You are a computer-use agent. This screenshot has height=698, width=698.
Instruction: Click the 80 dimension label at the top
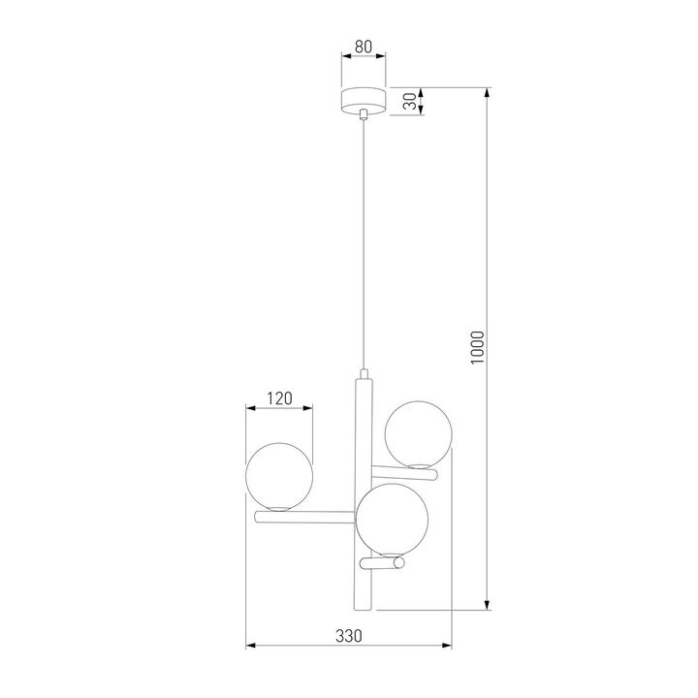coord(363,47)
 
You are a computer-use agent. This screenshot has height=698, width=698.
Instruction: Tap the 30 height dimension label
coord(410,102)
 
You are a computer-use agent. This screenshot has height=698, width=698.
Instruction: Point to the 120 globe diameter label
coord(279,397)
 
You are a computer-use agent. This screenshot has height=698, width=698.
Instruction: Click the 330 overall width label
coord(348,636)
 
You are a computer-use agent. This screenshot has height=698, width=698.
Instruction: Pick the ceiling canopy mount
coord(363,100)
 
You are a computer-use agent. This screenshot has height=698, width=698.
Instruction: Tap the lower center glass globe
coord(391,518)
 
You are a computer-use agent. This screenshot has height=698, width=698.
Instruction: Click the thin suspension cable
coord(364,242)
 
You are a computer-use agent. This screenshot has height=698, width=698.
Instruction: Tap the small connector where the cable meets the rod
coord(364,373)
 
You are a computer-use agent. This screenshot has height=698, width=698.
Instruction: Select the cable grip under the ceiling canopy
coord(364,115)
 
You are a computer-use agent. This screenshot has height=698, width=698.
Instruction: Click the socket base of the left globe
coord(279,508)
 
